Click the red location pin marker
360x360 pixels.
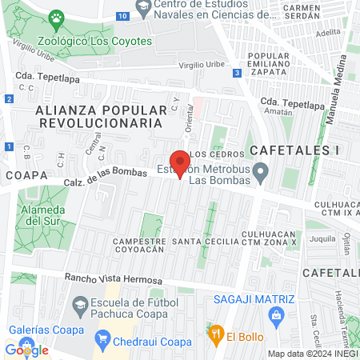click(x=180, y=163)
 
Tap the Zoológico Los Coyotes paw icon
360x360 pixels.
click(x=56, y=18)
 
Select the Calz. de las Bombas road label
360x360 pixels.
click(x=106, y=177)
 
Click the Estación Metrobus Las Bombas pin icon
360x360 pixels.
click(x=261, y=172)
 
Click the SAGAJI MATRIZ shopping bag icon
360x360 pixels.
click(x=276, y=315)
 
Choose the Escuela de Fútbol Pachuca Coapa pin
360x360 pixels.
click(x=80, y=304)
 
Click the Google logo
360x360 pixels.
click(x=26, y=350)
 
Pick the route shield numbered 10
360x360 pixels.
click(x=122, y=16)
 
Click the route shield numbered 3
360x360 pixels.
click(x=238, y=73)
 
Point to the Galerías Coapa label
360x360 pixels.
click(x=45, y=330)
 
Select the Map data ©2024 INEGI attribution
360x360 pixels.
click(x=311, y=354)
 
